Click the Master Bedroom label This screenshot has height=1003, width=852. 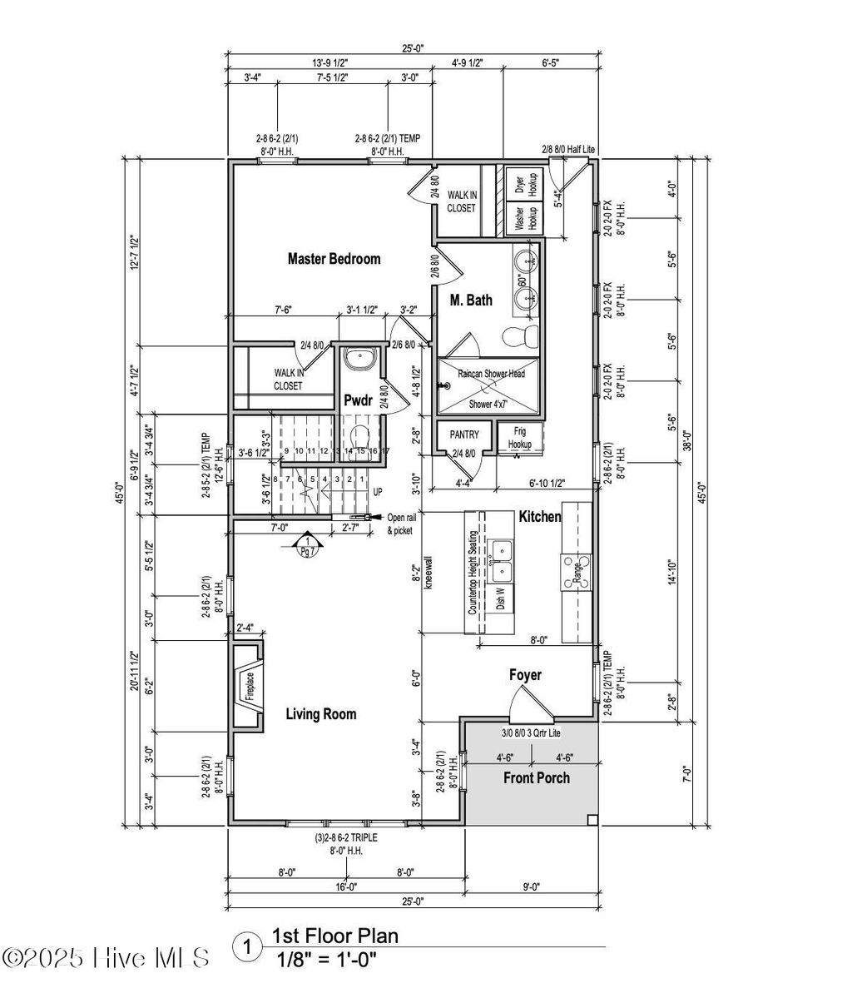coord(334,259)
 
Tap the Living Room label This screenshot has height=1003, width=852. coord(321,713)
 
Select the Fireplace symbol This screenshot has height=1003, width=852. coord(248,688)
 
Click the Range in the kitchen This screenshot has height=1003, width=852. coord(575,572)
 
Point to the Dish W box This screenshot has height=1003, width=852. coord(500,598)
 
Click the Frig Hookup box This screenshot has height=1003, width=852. coord(519,438)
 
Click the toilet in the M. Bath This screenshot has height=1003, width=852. coord(521,335)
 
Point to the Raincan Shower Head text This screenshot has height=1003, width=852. coord(491,374)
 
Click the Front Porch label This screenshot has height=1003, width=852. coord(537,777)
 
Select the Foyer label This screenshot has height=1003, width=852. coord(525,674)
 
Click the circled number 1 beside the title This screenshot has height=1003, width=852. coord(246,946)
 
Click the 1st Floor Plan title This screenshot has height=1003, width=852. coord(334,936)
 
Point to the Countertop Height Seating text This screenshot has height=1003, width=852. coord(473,573)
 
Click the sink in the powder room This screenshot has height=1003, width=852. coord(359,360)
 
